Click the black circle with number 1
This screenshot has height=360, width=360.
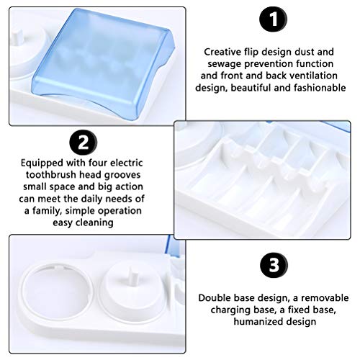(273, 19)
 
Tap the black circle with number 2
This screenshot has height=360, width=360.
(84, 143)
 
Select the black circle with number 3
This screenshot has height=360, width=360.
(274, 266)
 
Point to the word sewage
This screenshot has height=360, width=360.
(224, 64)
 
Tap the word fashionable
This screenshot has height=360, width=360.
(320, 88)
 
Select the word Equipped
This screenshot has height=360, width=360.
(42, 163)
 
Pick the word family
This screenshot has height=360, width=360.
(47, 211)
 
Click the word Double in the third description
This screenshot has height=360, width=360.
(214, 298)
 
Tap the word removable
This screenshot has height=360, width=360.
(325, 298)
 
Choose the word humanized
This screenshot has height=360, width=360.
(256, 322)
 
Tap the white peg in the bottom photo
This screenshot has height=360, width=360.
(133, 279)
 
